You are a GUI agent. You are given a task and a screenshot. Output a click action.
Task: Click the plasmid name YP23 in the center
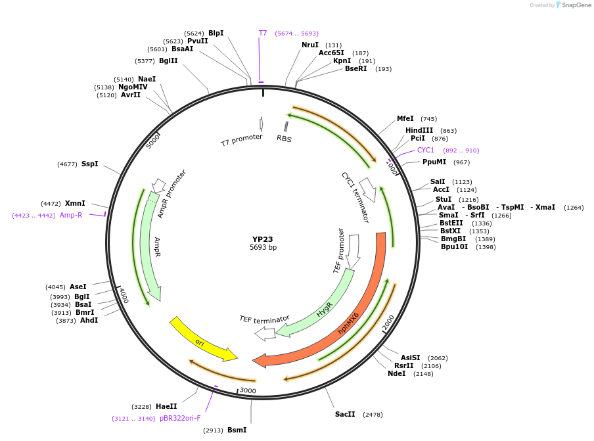click(x=263, y=239)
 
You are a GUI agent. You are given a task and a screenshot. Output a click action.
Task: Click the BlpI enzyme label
click(x=216, y=33)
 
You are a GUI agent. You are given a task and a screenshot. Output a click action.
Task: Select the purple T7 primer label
click(x=262, y=33)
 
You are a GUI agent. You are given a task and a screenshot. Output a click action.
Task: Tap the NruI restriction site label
click(x=309, y=45)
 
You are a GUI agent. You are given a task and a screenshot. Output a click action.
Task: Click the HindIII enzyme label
click(x=419, y=130)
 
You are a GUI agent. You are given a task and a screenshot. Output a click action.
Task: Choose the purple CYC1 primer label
click(x=426, y=150)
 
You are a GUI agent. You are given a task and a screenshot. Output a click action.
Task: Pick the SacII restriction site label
click(x=345, y=414)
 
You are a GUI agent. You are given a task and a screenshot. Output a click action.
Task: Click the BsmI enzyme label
click(x=237, y=430)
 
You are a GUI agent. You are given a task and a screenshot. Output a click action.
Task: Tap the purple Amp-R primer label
click(x=71, y=215)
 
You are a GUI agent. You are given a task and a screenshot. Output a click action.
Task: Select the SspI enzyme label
click(x=89, y=164)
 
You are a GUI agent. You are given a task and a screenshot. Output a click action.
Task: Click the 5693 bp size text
click(x=263, y=248)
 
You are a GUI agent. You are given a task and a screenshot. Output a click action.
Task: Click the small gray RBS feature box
click(x=286, y=126)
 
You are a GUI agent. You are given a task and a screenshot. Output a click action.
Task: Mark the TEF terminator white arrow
click(x=265, y=333)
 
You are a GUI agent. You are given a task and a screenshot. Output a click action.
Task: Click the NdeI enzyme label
click(x=396, y=373)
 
